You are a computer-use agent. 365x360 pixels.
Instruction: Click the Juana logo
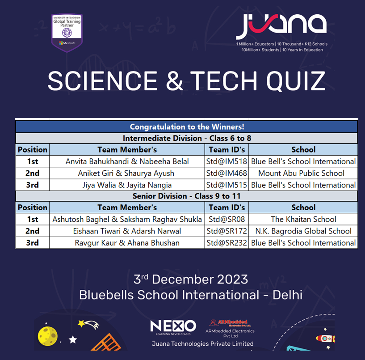point(281,27)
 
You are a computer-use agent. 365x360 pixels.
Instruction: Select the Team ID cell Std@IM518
point(227,161)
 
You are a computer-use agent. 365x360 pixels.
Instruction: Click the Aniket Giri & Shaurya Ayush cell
point(127,173)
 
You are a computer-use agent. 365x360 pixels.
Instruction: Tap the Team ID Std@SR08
point(227,219)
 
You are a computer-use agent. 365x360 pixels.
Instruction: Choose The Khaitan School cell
point(303,219)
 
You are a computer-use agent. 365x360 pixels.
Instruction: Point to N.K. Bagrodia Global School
point(303,231)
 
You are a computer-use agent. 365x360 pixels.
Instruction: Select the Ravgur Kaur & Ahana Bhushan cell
point(127,243)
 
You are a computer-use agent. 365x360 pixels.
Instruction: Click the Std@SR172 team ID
point(227,231)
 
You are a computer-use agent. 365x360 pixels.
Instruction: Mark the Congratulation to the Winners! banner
point(187,127)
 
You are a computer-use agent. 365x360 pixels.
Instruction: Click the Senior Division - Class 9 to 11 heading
point(187,196)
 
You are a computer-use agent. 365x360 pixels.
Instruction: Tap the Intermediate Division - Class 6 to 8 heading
point(187,138)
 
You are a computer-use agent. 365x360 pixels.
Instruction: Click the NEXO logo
point(173,326)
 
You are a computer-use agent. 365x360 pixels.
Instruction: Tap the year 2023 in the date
point(231,280)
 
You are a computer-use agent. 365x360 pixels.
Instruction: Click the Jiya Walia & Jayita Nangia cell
point(127,185)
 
